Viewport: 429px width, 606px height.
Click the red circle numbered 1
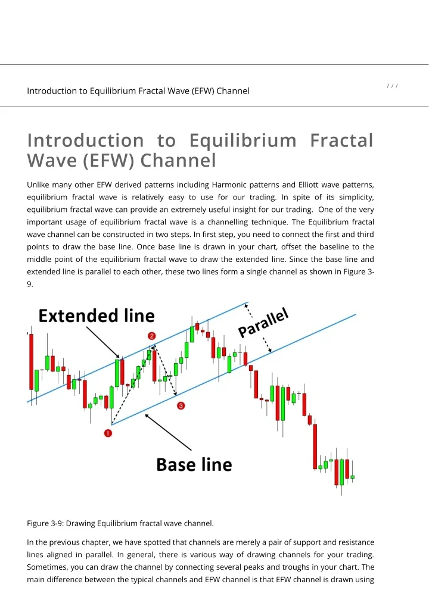tap(108, 434)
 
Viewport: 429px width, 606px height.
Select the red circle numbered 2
tap(152, 336)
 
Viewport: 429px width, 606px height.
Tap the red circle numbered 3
tap(180, 405)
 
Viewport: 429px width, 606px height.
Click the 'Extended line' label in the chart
tap(97, 316)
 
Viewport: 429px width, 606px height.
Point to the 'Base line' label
tap(194, 464)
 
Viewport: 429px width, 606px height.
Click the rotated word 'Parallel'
tap(264, 323)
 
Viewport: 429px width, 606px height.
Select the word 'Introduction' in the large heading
tap(85, 140)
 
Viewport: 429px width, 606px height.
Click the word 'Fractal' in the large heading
tap(341, 140)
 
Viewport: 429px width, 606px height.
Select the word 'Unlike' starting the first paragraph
tap(39, 184)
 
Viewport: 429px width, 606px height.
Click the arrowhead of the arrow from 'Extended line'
tap(120, 358)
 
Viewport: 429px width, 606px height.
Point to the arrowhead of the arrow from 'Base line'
tap(147, 416)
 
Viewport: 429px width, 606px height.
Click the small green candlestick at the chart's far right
tap(352, 477)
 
